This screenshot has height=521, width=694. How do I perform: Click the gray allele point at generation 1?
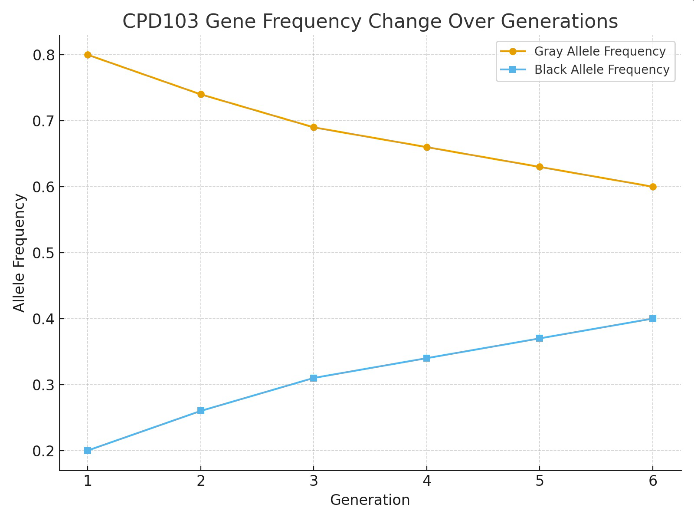coord(88,55)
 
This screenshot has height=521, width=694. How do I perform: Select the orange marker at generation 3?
coord(314,128)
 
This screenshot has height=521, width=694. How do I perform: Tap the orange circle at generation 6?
coord(653,187)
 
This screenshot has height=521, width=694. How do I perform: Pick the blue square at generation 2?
coord(201,411)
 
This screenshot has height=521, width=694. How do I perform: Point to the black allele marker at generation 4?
coord(427,358)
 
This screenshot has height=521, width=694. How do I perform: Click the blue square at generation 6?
coord(653,319)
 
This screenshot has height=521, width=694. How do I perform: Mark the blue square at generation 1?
coord(88,451)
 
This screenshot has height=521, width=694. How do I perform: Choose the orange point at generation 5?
coord(540,167)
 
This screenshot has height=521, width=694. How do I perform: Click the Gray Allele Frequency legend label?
coord(600,51)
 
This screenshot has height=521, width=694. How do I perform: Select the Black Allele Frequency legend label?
coord(602,69)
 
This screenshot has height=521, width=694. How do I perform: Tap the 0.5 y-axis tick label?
coord(44,253)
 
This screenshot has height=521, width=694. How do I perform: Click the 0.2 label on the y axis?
coord(44,451)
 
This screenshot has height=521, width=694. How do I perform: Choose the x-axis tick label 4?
coord(427,481)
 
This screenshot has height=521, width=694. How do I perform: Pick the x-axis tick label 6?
coord(653,481)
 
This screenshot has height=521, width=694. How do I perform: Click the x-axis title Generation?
coord(370,500)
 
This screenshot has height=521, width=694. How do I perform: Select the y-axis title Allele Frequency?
coord(19,253)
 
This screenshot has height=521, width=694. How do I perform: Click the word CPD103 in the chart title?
coord(160,22)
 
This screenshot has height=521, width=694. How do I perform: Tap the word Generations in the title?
coord(559,22)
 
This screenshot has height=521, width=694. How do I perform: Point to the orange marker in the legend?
coord(513,51)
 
